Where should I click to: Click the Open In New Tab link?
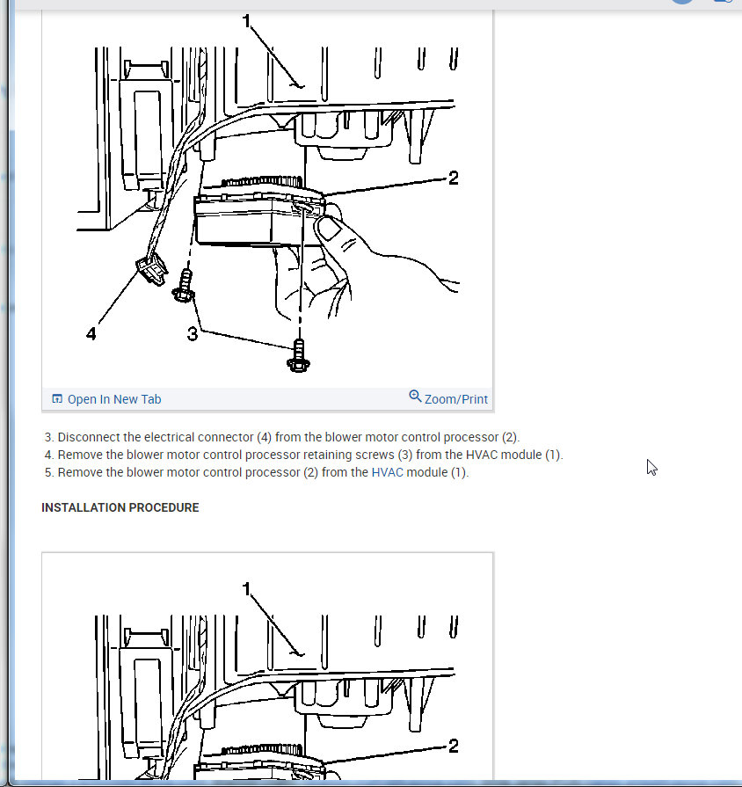[114, 399]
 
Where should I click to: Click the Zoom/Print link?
[456, 399]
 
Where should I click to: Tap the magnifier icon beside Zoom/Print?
[415, 397]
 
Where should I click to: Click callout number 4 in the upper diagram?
[91, 334]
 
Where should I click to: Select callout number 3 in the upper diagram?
[193, 334]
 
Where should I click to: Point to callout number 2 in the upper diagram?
[454, 178]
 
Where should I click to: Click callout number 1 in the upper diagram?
[246, 20]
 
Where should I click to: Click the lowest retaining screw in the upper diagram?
[299, 356]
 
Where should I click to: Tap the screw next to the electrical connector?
[184, 286]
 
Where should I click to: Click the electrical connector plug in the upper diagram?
[152, 269]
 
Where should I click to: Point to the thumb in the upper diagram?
[331, 228]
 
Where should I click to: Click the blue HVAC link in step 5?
[388, 473]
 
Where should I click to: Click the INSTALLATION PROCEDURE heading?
[120, 508]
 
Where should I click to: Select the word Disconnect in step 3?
[89, 438]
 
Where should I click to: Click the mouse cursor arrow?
[651, 468]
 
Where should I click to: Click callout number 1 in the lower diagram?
[246, 589]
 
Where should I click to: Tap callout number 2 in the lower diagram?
[454, 746]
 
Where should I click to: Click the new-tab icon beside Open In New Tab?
[57, 399]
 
